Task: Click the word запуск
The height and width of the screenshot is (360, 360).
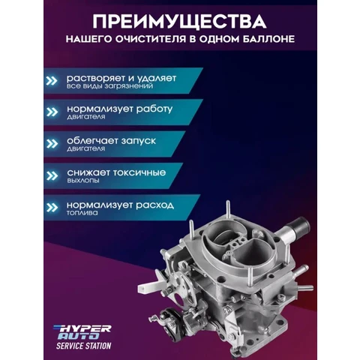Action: (x=151, y=141)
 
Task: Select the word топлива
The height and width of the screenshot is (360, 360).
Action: (x=82, y=214)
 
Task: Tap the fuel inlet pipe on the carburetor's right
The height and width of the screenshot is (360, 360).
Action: (x=300, y=223)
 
